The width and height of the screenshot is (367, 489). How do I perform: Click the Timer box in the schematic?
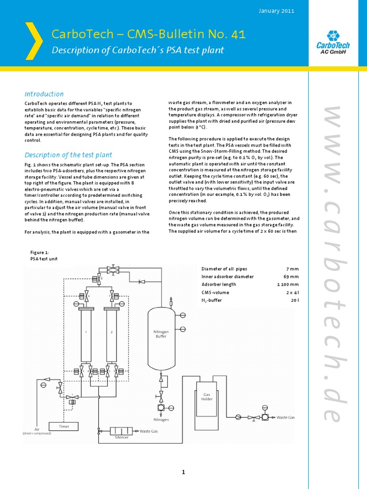pyautogui.click(x=64, y=426)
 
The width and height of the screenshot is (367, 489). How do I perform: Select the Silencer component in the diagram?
pyautogui.click(x=121, y=431)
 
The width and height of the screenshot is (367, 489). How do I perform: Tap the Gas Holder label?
pyautogui.click(x=207, y=397)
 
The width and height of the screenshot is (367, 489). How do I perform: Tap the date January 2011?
pyautogui.click(x=276, y=11)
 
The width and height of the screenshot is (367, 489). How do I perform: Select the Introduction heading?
pyautogui.click(x=44, y=94)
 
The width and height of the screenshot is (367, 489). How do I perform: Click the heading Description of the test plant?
pyautogui.click(x=68, y=155)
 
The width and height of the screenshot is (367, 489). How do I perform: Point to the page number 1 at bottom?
pyautogui.click(x=183, y=473)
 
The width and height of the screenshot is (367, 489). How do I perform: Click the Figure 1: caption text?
pyautogui.click(x=39, y=253)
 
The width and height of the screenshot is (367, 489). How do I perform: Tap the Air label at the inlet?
pyautogui.click(x=37, y=429)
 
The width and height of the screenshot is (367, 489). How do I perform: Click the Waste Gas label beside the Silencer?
pyautogui.click(x=148, y=431)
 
